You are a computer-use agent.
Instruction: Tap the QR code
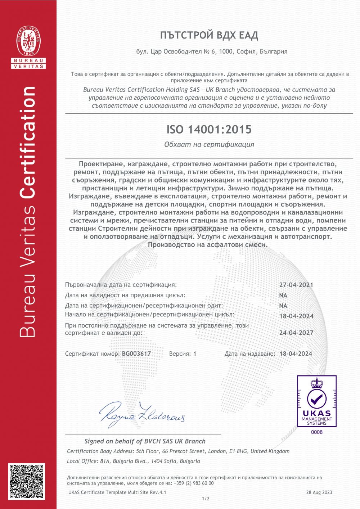(x=27, y=481)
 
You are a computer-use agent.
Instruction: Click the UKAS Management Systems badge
(x=317, y=401)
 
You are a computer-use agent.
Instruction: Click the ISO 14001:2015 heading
(x=209, y=130)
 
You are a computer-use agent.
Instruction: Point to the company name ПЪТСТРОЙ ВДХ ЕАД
(x=209, y=35)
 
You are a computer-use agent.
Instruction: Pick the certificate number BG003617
(x=136, y=353)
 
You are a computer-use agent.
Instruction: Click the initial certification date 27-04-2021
(x=296, y=285)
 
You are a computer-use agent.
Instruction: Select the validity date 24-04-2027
(x=296, y=333)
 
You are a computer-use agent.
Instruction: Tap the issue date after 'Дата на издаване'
(x=296, y=353)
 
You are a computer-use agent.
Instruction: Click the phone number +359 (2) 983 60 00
(x=194, y=483)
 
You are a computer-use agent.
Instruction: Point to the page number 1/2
(x=206, y=499)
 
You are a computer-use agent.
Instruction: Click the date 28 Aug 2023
(x=319, y=492)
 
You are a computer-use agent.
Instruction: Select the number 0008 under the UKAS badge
(x=317, y=432)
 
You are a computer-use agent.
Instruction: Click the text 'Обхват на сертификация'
(x=209, y=144)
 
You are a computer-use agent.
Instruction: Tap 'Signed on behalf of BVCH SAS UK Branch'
(x=145, y=441)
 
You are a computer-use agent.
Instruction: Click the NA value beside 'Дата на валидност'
(x=283, y=295)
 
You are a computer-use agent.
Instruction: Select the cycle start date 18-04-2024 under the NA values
(x=296, y=316)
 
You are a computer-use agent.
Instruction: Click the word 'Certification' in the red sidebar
(x=28, y=142)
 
